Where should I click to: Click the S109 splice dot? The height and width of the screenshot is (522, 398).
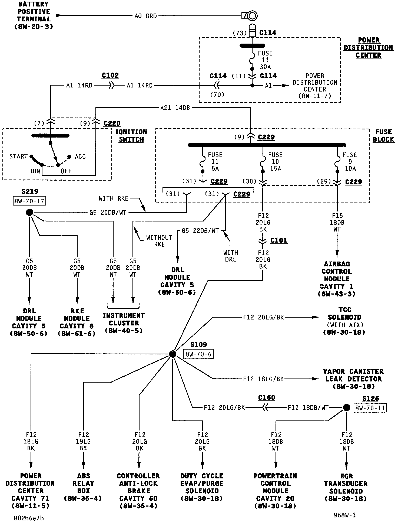173,354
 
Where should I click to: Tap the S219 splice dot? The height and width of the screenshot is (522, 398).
30,212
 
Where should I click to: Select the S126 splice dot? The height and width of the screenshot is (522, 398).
346,407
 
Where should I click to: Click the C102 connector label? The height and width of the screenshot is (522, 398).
110,76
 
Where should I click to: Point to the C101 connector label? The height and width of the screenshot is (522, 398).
278,240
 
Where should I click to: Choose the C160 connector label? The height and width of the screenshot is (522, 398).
267,397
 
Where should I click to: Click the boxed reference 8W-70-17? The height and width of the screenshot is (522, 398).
29,201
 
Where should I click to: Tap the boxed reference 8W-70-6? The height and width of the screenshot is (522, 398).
198,354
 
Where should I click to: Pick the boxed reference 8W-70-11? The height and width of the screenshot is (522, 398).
370,408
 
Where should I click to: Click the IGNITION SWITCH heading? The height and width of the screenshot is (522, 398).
131,136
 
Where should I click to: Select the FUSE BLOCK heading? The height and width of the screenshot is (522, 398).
383,136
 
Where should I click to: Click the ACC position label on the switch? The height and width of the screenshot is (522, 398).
80,157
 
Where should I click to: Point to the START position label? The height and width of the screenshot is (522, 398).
18,156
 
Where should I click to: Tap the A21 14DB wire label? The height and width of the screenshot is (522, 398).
175,108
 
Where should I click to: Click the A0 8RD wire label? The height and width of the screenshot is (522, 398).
145,16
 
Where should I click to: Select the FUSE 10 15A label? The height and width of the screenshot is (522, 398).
275,162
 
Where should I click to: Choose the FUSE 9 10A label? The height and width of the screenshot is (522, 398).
350,162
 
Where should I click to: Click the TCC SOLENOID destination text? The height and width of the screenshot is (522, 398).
344,321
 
